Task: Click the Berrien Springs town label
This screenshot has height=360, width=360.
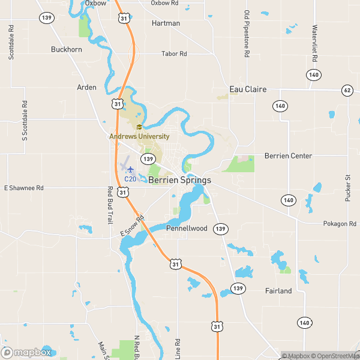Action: click(x=179, y=180)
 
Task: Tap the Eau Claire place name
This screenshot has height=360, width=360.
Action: click(x=248, y=89)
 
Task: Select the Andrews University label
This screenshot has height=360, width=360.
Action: click(x=139, y=136)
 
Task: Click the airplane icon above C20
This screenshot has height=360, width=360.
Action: click(x=130, y=170)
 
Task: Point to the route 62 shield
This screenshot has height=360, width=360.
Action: click(x=347, y=90)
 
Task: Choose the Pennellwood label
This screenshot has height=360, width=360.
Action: click(x=187, y=229)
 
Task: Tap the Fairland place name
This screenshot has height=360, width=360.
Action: click(x=278, y=291)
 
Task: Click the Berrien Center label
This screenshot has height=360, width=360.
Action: click(x=288, y=156)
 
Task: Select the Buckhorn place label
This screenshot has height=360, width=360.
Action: click(x=67, y=49)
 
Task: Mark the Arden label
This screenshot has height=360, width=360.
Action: click(x=86, y=87)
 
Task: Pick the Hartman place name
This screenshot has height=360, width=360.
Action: click(x=166, y=23)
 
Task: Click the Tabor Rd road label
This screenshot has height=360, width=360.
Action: click(x=175, y=54)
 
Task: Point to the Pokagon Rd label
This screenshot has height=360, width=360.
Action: click(x=340, y=223)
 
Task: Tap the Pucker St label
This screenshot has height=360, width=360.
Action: click(x=347, y=186)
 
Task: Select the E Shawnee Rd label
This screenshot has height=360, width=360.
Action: click(x=24, y=188)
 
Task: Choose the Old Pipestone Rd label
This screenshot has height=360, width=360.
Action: click(x=247, y=34)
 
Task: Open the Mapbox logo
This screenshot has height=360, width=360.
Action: click(x=26, y=353)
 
